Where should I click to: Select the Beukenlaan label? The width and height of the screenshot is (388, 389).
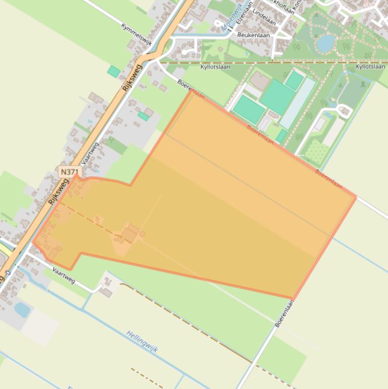click(x=253, y=35)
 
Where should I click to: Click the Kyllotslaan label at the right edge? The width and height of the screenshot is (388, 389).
click(x=370, y=66)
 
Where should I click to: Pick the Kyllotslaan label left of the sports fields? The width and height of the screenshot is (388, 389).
click(x=215, y=66)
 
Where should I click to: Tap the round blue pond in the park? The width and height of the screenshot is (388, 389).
click(x=325, y=43)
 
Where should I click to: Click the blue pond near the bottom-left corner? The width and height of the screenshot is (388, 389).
click(x=22, y=309)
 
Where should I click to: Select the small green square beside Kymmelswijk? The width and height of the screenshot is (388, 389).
click(x=114, y=71)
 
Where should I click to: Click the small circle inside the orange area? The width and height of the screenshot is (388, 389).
click(x=142, y=234)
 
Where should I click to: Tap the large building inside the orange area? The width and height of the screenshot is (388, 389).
click(x=130, y=234)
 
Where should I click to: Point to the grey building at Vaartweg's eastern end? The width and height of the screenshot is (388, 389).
click(x=105, y=291)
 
